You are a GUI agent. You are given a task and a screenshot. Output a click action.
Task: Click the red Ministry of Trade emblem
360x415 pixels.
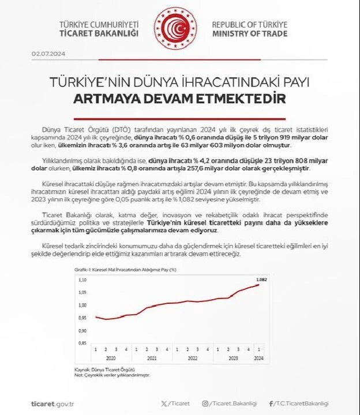tap(175, 29)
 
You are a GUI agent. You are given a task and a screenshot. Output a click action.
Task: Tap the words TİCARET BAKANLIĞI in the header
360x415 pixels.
tap(99, 34)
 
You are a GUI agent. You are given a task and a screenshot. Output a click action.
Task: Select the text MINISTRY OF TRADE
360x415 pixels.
tap(249, 34)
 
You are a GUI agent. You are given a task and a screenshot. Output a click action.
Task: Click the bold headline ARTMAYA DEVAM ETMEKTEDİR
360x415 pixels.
tap(179, 99)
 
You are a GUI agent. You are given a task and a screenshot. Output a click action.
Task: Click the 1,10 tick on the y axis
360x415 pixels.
tap(82, 280)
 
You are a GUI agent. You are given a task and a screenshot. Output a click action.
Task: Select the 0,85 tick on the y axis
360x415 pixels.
tap(82, 343)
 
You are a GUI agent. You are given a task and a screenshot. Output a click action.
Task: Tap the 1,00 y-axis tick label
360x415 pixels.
tap(82, 305)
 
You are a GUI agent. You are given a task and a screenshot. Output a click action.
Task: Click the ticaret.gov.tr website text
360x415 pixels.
tap(53, 403)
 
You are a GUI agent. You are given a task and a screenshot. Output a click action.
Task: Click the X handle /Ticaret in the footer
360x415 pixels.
tap(177, 403)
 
